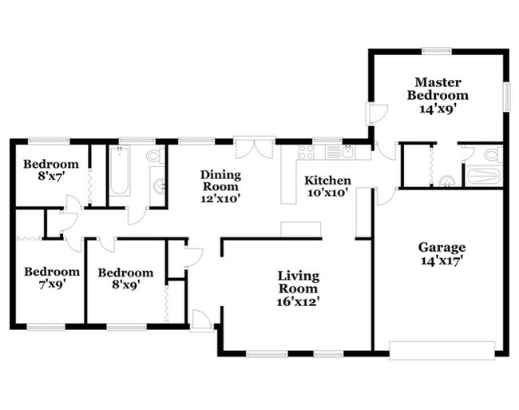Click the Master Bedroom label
pos(435,88)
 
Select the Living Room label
pos(298,282)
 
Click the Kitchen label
pos(327,181)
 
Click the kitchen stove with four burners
pos(305,152)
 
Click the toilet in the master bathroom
pos(489,153)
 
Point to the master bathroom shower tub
pos(482,175)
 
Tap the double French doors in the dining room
pos(255,148)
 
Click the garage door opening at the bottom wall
pos(442,348)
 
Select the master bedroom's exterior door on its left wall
pos(371,114)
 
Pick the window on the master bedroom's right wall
pos(505,97)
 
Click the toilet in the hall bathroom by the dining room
pos(153,156)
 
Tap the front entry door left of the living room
pos(201,321)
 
